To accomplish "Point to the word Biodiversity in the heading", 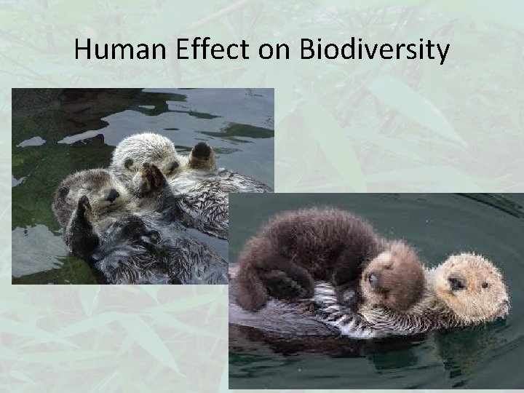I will pyautogui.click(x=364, y=50).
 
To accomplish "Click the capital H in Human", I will pyautogui.click(x=82, y=50).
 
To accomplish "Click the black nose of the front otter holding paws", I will pyautogui.click(x=113, y=195).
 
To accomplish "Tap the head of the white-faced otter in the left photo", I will pyautogui.click(x=146, y=156).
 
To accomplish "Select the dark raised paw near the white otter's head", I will pyautogui.click(x=201, y=154).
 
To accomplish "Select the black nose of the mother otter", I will pyautogui.click(x=456, y=280).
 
